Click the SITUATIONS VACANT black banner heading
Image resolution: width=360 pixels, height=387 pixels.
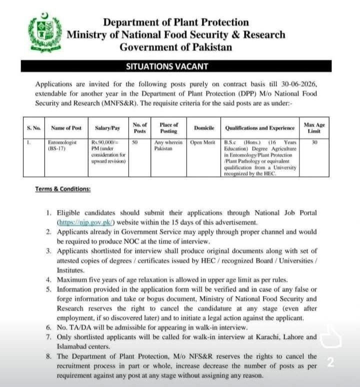[x=176, y=66]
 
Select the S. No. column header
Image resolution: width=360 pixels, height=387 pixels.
[x=33, y=128]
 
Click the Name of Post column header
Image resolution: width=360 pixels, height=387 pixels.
[x=68, y=128]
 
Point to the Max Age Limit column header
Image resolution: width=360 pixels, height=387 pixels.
[x=314, y=128]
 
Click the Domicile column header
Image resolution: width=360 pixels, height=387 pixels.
[x=204, y=128]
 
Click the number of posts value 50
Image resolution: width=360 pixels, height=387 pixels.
[x=135, y=142]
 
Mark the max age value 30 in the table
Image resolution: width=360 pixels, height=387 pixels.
[x=314, y=142]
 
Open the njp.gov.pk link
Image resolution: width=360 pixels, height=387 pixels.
[x=86, y=221]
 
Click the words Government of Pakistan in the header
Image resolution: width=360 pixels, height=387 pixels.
[x=176, y=47]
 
